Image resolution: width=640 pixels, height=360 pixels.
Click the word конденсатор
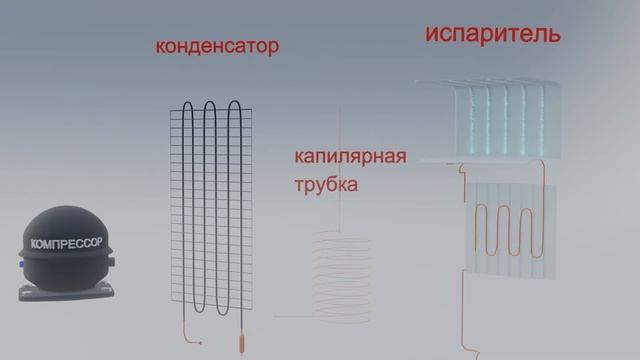[216, 47]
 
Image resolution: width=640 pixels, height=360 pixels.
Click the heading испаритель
[492, 33]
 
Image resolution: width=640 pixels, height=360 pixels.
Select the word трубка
[326, 185]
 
